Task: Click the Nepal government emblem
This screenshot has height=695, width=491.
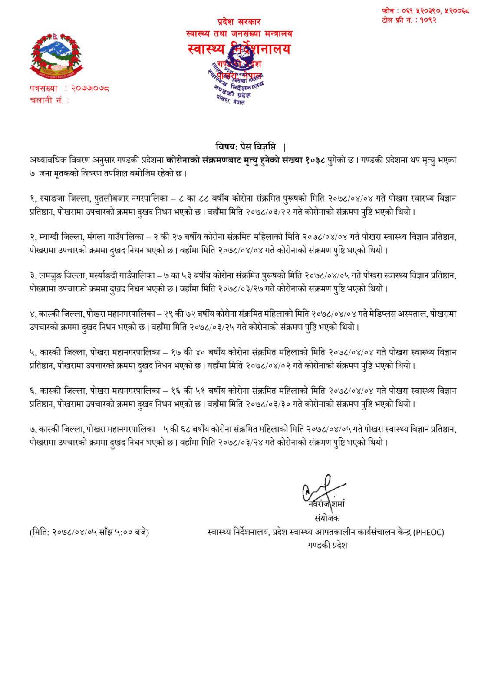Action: (55, 55)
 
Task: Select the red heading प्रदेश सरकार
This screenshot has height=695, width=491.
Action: (239, 21)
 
